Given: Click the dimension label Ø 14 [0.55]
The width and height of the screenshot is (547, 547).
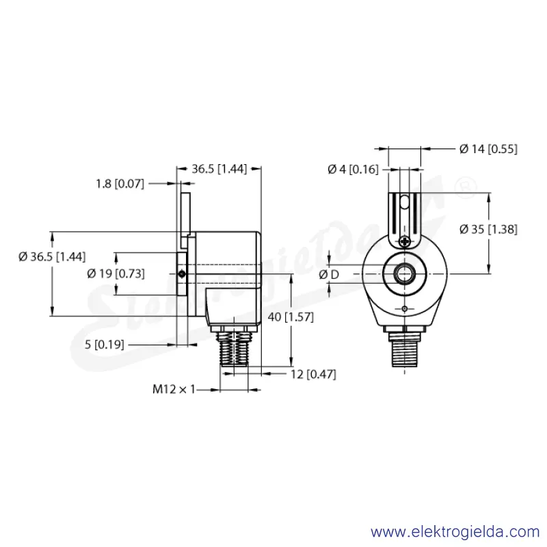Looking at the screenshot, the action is coord(488,149).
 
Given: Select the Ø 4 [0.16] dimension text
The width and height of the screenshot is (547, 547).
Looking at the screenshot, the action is coord(353,170).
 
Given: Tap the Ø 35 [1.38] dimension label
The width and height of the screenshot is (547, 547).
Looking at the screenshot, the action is coord(488,230).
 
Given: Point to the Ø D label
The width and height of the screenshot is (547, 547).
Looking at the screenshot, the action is coord(329,275).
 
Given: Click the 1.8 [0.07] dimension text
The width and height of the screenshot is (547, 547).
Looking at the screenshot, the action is coord(120,184).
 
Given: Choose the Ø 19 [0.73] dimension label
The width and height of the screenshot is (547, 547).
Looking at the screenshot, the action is coord(116,274).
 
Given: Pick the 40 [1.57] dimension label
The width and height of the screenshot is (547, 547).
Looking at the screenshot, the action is coord(291,317).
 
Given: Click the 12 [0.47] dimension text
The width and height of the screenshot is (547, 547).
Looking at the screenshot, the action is coord(313,375).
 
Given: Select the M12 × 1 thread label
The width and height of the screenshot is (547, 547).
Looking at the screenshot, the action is coord(174,389).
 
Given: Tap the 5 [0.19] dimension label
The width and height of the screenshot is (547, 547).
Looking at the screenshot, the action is coord(105,345).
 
